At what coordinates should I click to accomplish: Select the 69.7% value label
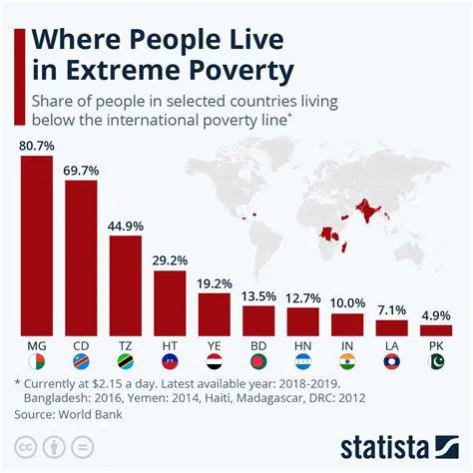point(81,171)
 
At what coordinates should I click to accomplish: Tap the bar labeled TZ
point(125,284)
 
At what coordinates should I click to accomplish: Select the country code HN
point(302,344)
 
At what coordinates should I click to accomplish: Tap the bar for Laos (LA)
point(391,327)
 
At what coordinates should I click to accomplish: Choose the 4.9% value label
point(436,315)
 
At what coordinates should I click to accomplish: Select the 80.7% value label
point(36,145)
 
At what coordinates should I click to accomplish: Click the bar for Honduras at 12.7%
point(302,321)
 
